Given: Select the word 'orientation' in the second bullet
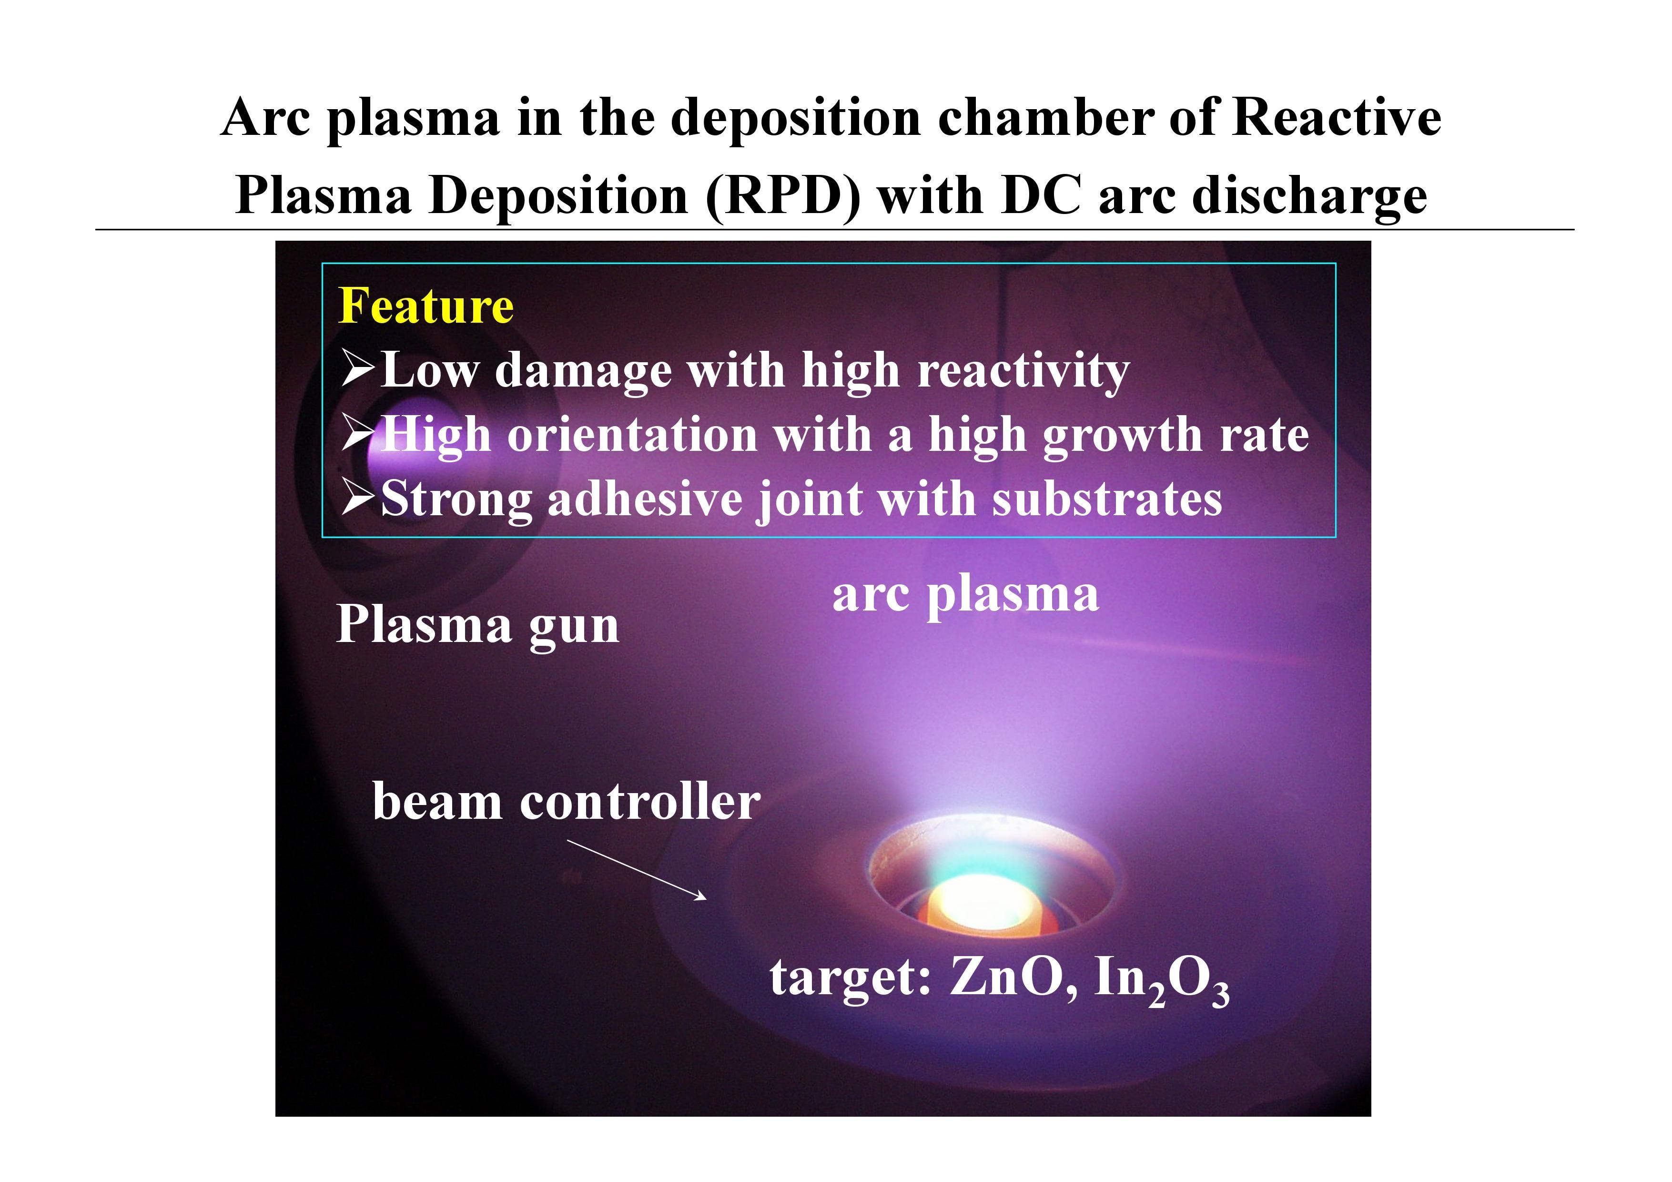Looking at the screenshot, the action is point(633,435).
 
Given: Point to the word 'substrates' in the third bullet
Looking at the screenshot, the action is point(1107,499).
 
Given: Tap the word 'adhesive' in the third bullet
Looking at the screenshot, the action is point(645,499).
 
